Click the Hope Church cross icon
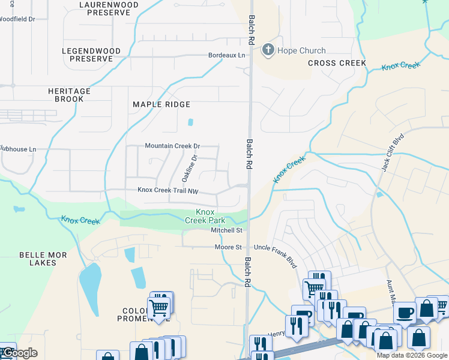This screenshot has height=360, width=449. pos(268,50)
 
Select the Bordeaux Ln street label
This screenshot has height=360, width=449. pos(227,55)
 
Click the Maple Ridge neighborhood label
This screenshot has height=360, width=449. pos(157,104)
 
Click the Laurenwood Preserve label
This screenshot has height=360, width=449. pos(109,8)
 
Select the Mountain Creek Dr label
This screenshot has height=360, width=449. pos(172,146)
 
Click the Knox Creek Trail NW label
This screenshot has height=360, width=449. pos(167,190)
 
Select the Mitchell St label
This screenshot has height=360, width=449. pos(226,230)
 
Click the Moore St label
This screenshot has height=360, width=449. pos(228,247)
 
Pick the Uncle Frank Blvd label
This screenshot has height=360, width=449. pos(276,247)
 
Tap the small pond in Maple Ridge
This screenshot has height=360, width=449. pos(191,122)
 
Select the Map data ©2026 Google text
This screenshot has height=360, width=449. pos(412,355)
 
